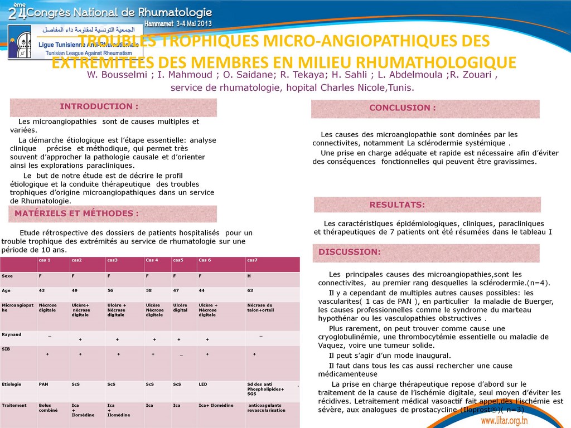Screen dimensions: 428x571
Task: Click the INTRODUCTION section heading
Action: pyautogui.click(x=99, y=106)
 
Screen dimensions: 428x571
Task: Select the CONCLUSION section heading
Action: pyautogui.click(x=403, y=108)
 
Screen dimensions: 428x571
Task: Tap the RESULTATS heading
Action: pyautogui.click(x=397, y=205)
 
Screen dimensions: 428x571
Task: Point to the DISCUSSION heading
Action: pyautogui.click(x=350, y=252)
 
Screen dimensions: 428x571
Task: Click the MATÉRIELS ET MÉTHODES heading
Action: pyautogui.click(x=76, y=213)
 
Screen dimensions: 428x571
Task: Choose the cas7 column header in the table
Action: pyautogui.click(x=252, y=260)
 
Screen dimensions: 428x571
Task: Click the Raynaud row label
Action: pyautogui.click(x=12, y=334)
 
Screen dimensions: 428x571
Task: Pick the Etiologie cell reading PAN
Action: pyautogui.click(x=43, y=384)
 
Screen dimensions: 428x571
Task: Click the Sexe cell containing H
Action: pyautogui.click(x=249, y=276)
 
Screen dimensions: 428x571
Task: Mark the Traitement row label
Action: pyautogui.click(x=14, y=405)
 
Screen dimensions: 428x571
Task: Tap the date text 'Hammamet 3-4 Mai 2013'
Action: pyautogui.click(x=178, y=25)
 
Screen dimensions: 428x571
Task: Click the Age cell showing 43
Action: pyautogui.click(x=42, y=290)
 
